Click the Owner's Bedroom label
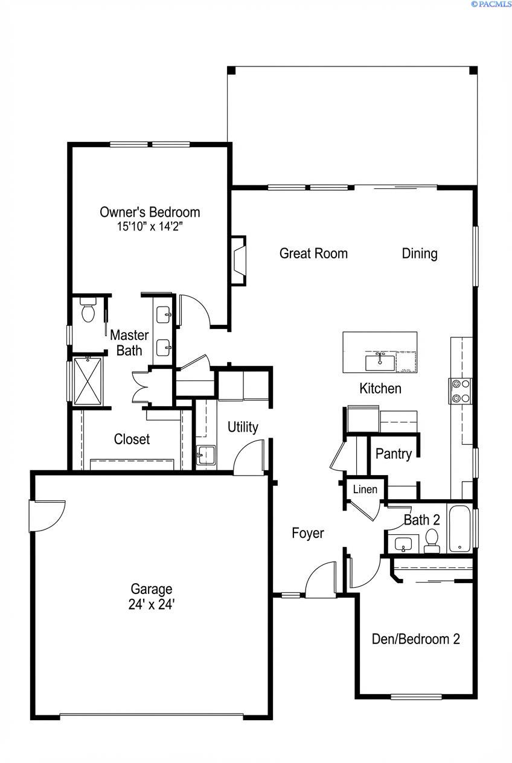[x=150, y=212]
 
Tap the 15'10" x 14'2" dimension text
[x=150, y=228]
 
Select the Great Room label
[x=313, y=254]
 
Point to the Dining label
[x=420, y=254]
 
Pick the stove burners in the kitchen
[x=461, y=390]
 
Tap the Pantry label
[x=394, y=454]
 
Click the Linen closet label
[x=365, y=490]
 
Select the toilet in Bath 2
[x=432, y=540]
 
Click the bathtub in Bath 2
[x=460, y=529]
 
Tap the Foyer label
[x=308, y=533]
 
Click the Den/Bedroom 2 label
[x=416, y=639]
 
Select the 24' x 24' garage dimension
[x=152, y=604]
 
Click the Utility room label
[x=243, y=427]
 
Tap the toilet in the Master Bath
[x=88, y=310]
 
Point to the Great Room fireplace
[x=238, y=260]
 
